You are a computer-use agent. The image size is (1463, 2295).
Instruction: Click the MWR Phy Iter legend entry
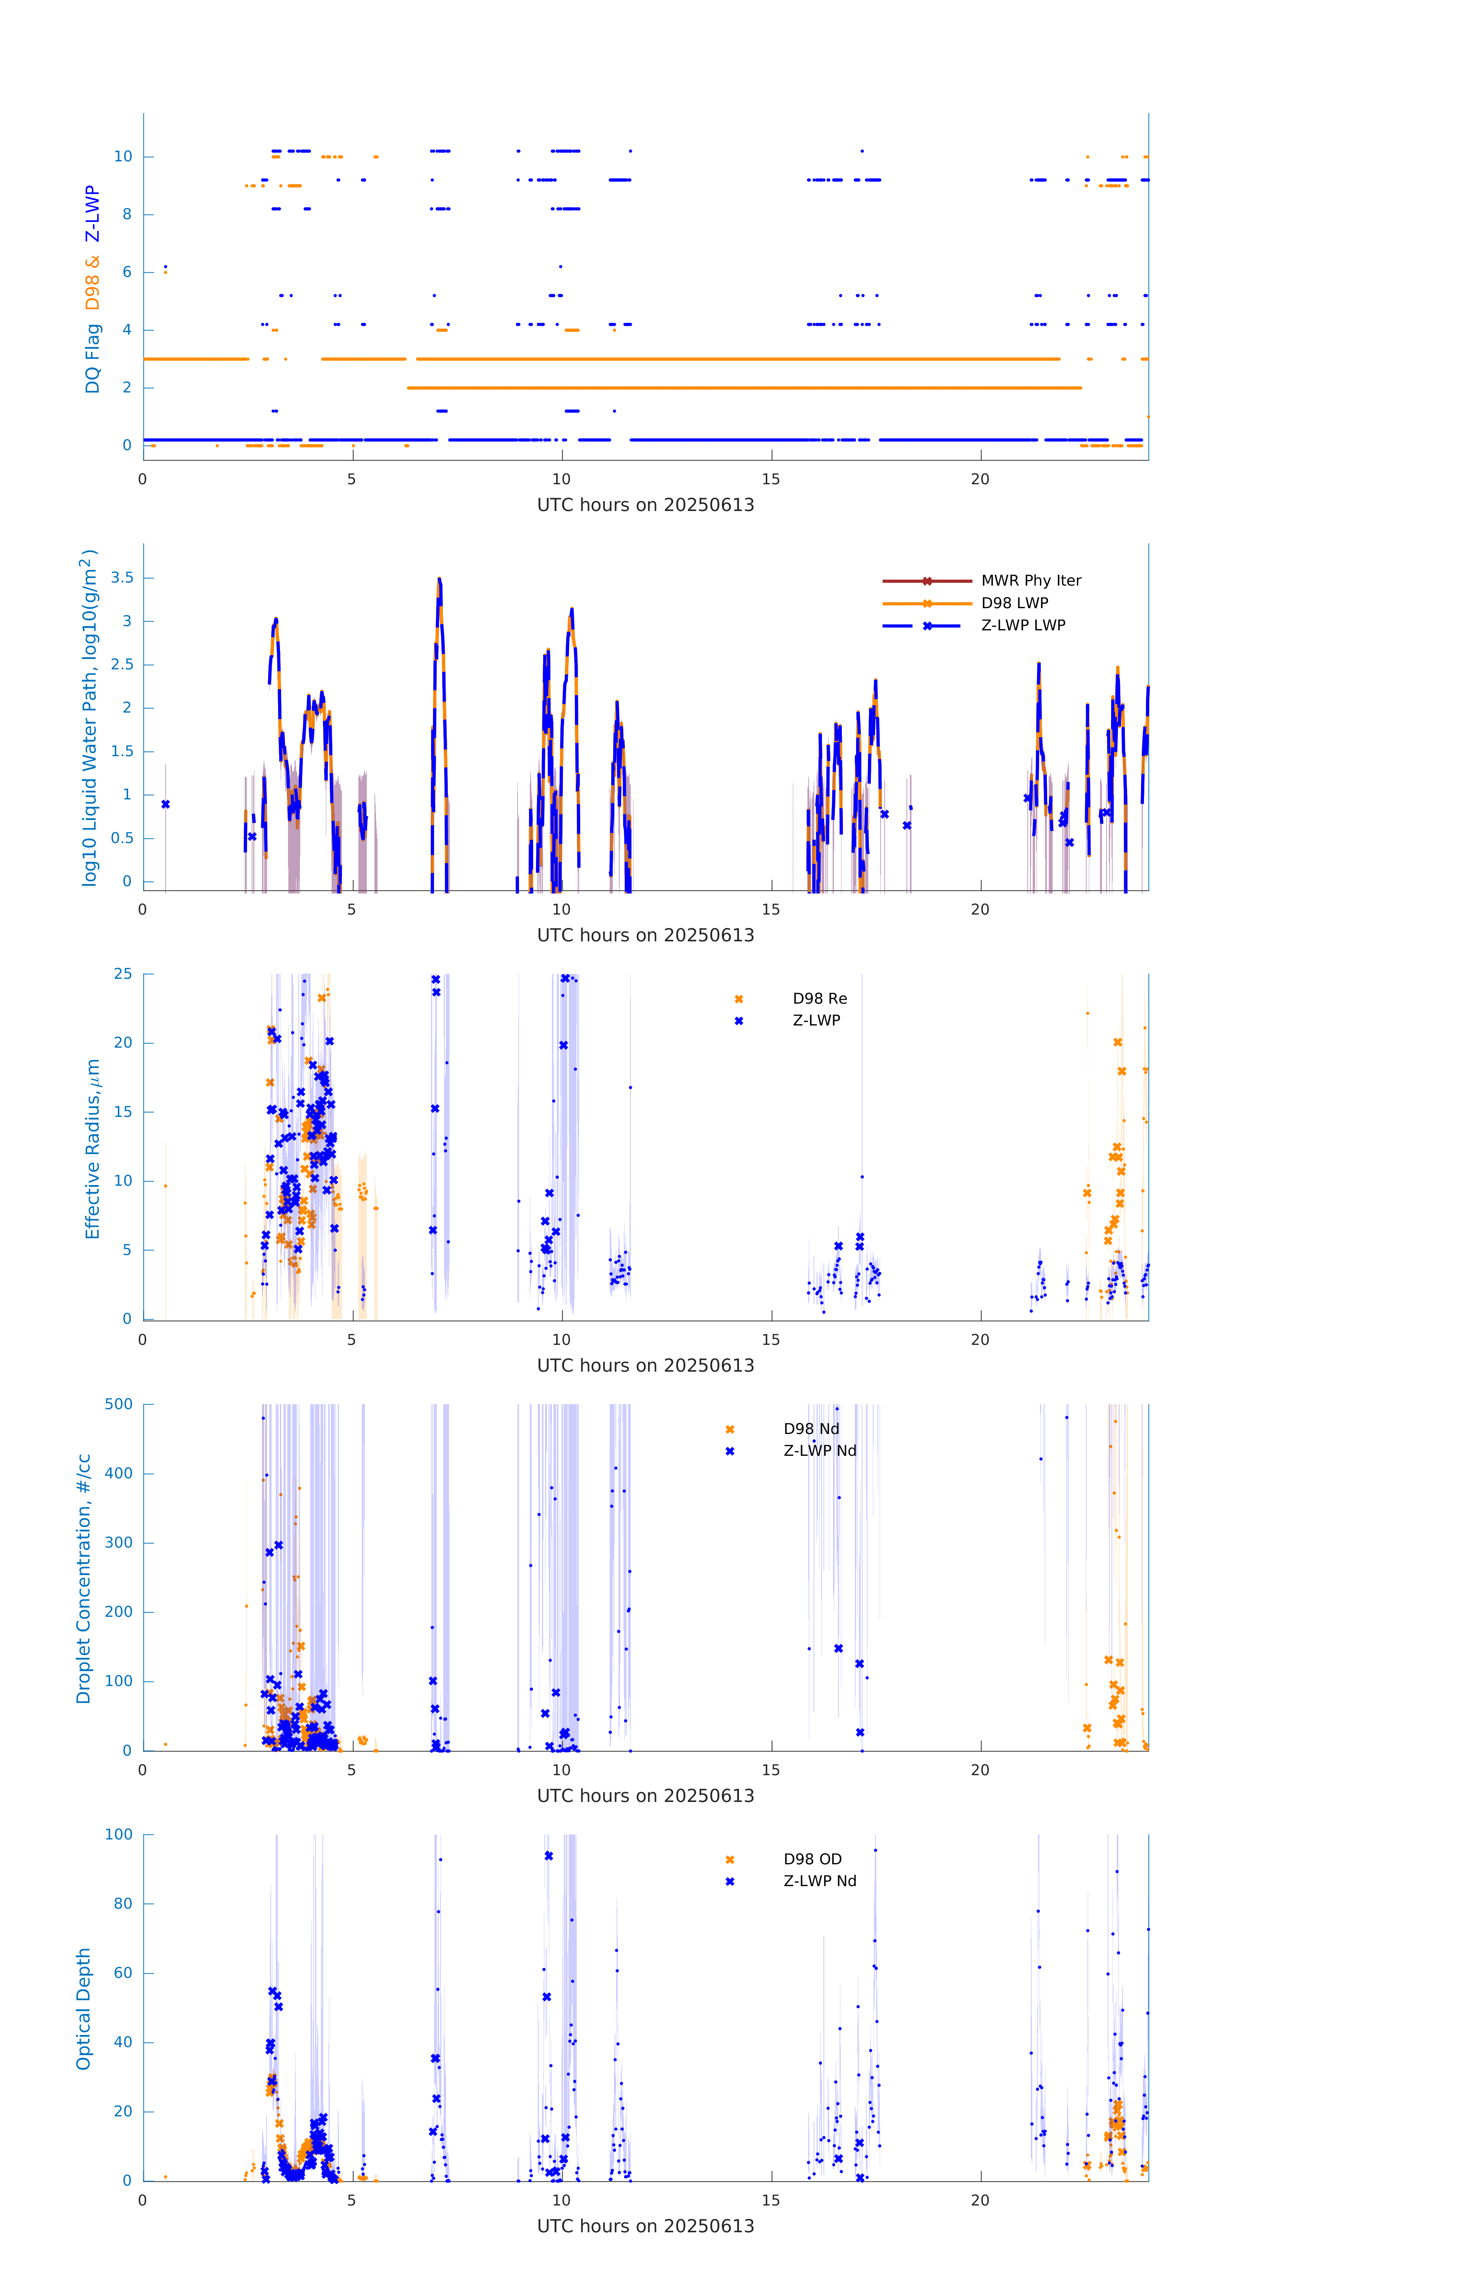click(x=1030, y=580)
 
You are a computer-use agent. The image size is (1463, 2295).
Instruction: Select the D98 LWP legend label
click(x=1014, y=603)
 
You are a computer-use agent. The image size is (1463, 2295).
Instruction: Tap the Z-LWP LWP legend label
click(x=1023, y=625)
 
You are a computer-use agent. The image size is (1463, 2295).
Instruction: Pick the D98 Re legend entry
click(x=819, y=999)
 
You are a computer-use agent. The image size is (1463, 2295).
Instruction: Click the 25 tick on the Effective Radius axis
click(x=123, y=974)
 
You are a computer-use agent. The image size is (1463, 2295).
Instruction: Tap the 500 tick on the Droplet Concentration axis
click(x=119, y=1404)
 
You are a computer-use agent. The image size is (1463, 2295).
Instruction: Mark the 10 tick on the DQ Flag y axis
click(x=123, y=156)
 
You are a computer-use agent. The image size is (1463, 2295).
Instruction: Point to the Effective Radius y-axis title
click(x=93, y=1148)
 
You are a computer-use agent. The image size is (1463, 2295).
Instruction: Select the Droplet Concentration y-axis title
click(x=84, y=1578)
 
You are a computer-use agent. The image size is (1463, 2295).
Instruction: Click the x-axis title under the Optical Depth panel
click(x=645, y=2227)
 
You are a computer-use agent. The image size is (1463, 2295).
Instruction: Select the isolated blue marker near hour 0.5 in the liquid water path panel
click(x=166, y=804)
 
